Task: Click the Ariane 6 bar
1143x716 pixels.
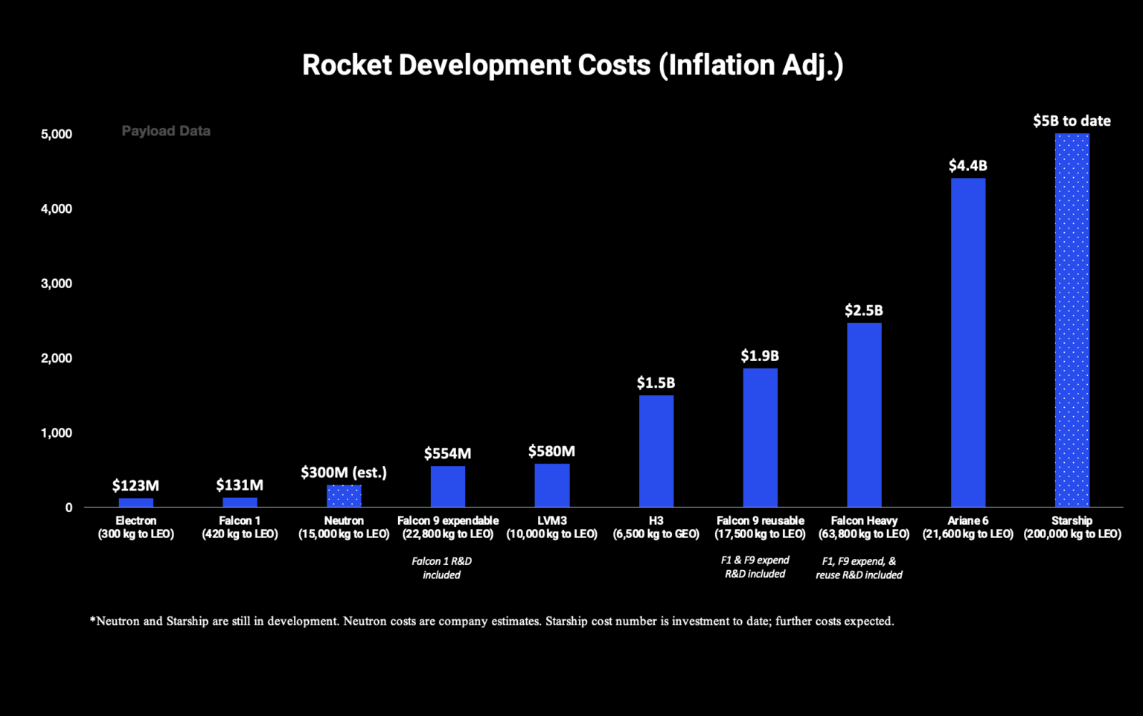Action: click(x=968, y=342)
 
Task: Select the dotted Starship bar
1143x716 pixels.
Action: click(x=1072, y=320)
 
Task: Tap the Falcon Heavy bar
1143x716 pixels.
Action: click(x=864, y=415)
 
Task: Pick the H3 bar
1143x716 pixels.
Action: click(x=656, y=451)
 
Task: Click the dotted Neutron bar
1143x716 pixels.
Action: click(x=344, y=496)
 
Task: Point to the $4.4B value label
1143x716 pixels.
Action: click(x=967, y=165)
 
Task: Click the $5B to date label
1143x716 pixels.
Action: click(x=1072, y=121)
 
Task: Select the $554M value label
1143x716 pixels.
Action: click(x=447, y=453)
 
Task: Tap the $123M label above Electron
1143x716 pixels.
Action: click(x=135, y=485)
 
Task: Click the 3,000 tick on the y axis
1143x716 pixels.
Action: click(x=57, y=284)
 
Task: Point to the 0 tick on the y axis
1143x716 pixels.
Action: click(x=68, y=508)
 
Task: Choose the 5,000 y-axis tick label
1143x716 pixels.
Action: click(x=57, y=134)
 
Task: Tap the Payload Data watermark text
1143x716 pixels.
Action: click(x=166, y=131)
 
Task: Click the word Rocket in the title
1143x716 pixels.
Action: click(x=347, y=65)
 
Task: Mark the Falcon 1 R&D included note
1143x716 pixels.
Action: click(x=441, y=568)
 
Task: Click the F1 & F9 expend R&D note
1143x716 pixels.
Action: click(x=755, y=567)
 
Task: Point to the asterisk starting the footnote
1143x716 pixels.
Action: click(x=92, y=620)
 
